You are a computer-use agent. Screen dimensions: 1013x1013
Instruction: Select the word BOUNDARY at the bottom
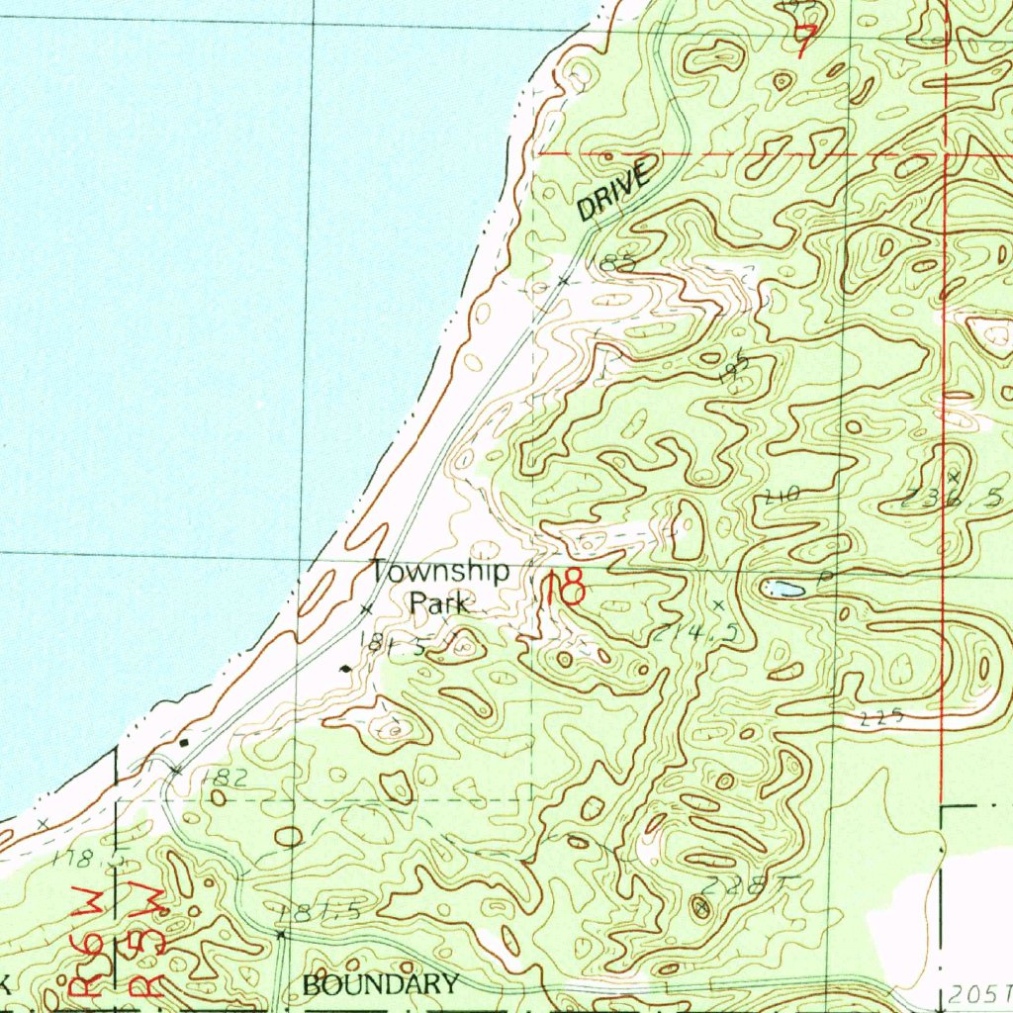(381, 984)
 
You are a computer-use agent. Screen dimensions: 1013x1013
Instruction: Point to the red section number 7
(807, 40)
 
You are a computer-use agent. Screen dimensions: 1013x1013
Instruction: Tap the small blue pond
(783, 590)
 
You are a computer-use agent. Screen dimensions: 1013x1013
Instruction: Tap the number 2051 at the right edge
(978, 991)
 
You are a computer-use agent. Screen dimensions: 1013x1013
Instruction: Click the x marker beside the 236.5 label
(954, 477)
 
